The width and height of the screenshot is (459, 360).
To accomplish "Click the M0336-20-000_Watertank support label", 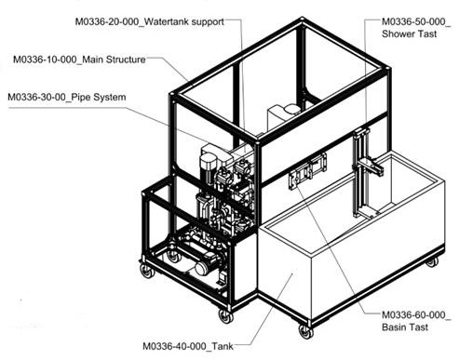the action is pos(149,21).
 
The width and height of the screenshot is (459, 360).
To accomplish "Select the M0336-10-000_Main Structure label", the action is pos(79,60).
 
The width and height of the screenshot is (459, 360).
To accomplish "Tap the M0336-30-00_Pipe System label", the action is pos(67,97).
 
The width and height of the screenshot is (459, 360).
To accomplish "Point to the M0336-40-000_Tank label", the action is pos(188,346).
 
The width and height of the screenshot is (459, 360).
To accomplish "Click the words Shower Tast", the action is pos(409,33).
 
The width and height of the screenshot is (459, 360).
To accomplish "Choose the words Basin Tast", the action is pos(405,327).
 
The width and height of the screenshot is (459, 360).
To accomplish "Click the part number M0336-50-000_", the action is pos(416,21).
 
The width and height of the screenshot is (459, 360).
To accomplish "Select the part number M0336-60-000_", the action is pos(416,315).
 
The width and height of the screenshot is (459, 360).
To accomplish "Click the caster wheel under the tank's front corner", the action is pos(305,331).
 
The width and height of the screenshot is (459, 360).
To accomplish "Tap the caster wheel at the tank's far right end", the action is pos(432,262).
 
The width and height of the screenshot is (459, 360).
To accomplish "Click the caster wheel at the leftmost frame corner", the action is pos(147,271).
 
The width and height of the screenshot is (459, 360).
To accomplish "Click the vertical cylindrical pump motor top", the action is pos(208,162).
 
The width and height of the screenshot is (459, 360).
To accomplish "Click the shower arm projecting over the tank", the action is pos(371,167).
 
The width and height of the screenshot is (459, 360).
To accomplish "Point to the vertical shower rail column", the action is pos(360,174).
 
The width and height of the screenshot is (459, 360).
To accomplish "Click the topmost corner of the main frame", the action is pos(302,20).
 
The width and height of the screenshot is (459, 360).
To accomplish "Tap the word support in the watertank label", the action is pos(208,22).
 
